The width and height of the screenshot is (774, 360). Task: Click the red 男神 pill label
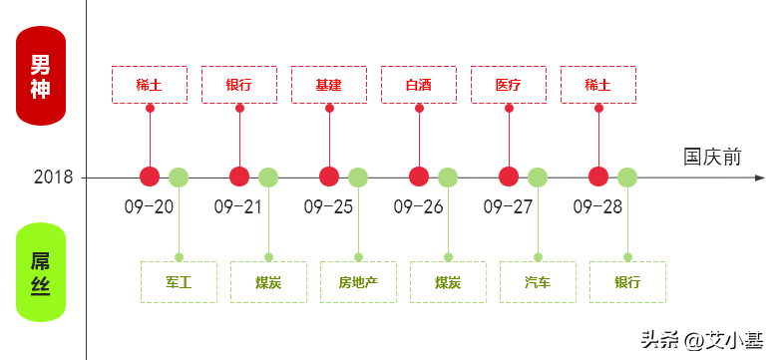point(41,76)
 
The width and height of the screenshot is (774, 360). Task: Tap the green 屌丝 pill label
point(41,272)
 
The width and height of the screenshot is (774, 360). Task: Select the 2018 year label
point(53,177)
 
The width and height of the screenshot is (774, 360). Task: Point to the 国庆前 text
point(712,157)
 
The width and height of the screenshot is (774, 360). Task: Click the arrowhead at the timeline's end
point(760,178)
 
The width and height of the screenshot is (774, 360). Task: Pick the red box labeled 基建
point(329,85)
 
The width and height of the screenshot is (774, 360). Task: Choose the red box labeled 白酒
point(419,85)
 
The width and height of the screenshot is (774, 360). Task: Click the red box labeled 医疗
point(509,85)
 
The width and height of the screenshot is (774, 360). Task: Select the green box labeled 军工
point(179,282)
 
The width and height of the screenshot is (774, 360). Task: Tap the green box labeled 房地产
point(358,282)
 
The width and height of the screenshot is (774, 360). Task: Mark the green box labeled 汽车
point(538,282)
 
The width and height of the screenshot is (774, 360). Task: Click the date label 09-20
point(149,206)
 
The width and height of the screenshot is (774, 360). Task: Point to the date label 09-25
point(329,206)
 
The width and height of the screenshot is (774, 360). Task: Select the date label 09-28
point(597,206)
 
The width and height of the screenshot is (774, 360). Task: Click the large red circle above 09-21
point(239,177)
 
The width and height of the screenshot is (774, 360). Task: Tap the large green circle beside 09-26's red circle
point(448,178)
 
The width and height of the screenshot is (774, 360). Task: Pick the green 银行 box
point(628,282)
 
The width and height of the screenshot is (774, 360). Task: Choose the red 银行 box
point(239,85)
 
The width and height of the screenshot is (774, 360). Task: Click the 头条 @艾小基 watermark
point(702,340)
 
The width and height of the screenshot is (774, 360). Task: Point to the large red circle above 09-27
point(509,177)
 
